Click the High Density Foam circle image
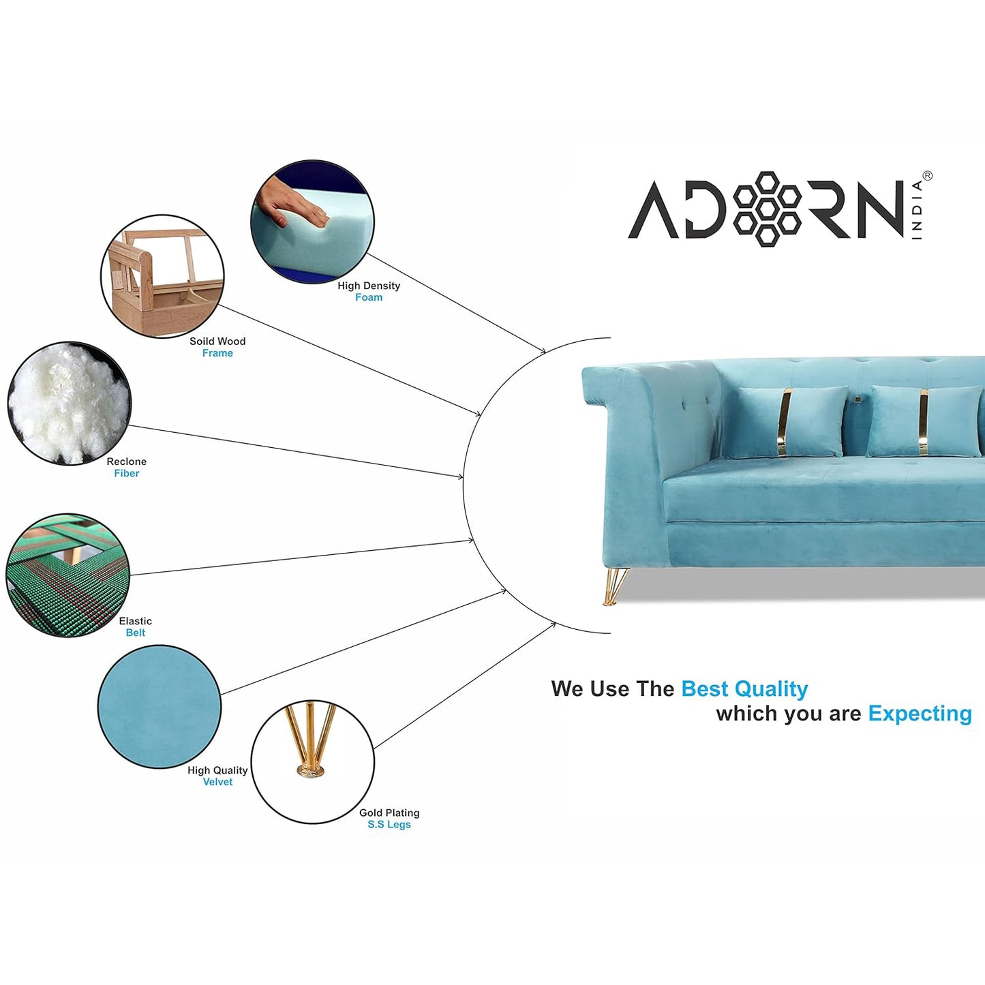tap(312, 222)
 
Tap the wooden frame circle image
tap(162, 276)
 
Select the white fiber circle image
tap(69, 404)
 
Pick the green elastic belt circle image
tap(68, 575)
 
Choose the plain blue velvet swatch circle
tap(160, 706)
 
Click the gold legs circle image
tap(313, 761)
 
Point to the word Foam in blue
tap(369, 297)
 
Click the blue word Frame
tap(217, 353)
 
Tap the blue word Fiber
tap(126, 473)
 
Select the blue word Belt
tap(136, 633)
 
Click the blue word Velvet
tap(217, 782)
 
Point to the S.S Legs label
tap(389, 825)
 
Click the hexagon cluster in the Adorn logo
tap(767, 209)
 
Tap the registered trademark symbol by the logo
tap(927, 176)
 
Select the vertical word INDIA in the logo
tap(917, 210)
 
